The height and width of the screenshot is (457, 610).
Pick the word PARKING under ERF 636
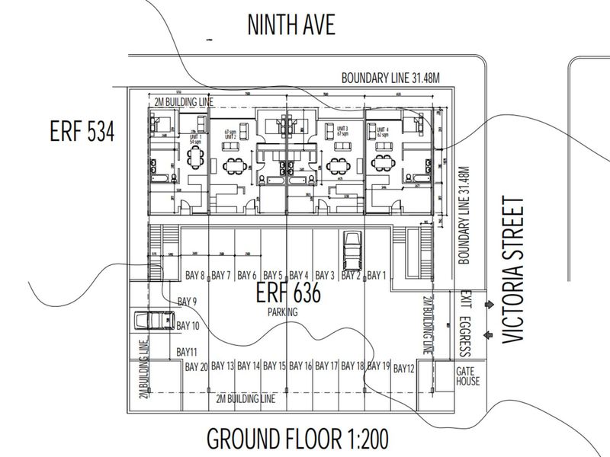[281, 312]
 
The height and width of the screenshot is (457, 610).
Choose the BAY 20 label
[197, 367]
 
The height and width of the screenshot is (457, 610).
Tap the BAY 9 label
[187, 302]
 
